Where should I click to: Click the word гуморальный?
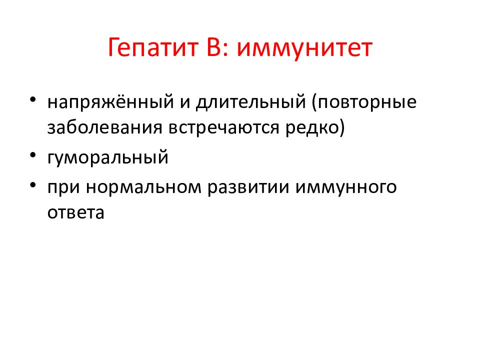tap(108, 157)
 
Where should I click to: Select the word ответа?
tap(76, 212)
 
